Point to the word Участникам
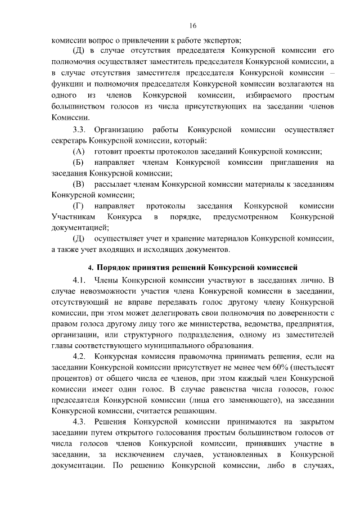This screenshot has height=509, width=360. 72,217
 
